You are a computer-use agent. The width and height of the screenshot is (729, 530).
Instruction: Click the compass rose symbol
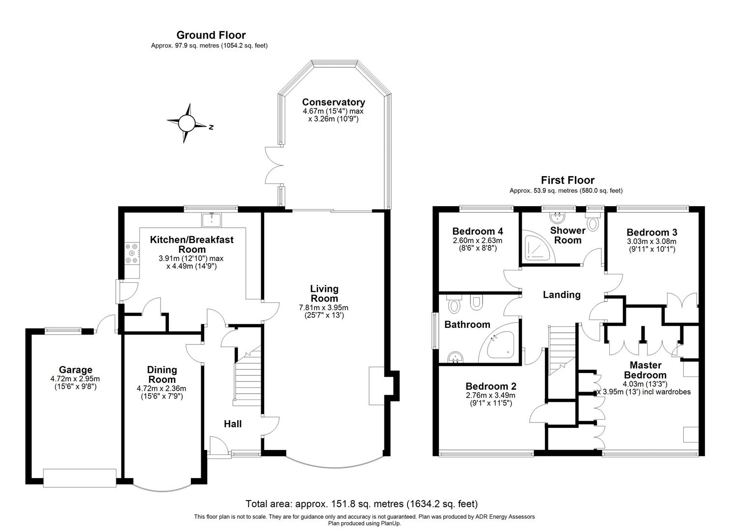point(187,123)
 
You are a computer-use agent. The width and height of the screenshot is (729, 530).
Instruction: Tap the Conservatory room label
point(333,102)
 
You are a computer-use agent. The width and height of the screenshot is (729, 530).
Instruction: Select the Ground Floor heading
point(211,35)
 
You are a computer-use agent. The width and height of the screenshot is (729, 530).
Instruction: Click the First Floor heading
point(567,180)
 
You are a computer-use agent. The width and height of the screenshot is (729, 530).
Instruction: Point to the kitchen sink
point(212,219)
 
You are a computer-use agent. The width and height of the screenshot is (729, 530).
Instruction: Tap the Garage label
point(76,370)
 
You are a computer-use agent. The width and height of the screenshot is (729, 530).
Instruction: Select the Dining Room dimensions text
point(162,392)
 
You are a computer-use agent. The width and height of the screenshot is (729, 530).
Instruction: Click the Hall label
point(233,424)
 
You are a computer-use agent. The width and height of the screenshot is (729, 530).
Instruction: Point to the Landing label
point(562,294)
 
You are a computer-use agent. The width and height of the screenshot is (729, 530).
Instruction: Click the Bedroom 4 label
point(477,231)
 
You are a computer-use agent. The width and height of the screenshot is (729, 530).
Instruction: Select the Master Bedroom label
point(645,370)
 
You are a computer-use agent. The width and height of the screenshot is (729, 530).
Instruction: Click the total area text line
point(361,504)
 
